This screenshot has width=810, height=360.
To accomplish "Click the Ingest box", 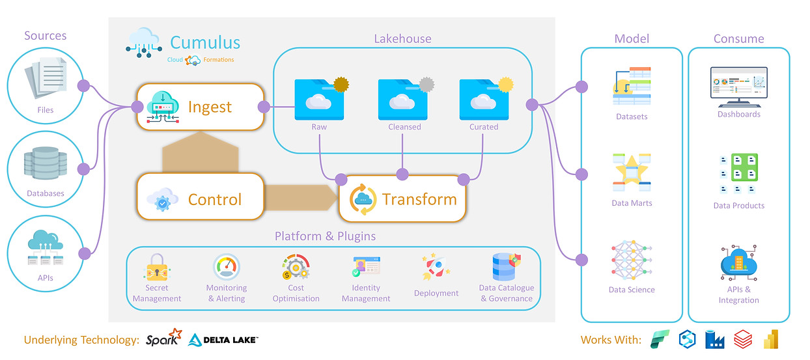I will tap(200, 106).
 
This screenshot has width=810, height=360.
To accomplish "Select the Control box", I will tap(200, 199).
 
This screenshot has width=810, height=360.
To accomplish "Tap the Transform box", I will tap(402, 199).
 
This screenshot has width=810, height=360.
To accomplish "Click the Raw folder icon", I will tap(318, 99).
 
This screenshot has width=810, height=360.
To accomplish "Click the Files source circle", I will tap(45, 85).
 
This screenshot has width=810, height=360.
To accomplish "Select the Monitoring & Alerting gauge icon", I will tap(226, 267).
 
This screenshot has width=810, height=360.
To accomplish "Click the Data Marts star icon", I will tap(632, 171).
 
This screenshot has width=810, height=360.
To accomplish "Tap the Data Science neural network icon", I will tap(632, 260).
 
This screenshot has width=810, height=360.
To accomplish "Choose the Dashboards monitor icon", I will tap(738, 86).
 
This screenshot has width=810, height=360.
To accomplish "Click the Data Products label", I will tap(738, 206).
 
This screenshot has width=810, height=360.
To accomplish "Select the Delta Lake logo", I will tap(223, 339).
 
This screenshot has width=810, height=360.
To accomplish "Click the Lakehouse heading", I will tap(402, 39).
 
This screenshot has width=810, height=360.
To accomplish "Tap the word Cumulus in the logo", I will tap(205, 43).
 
